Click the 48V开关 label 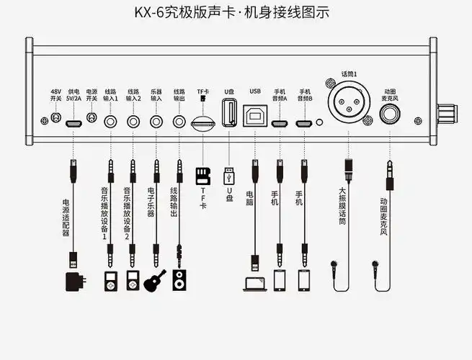pyautogui.click(x=55, y=95)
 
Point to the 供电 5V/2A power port pyautogui.click(x=74, y=123)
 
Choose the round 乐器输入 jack pyautogui.click(x=156, y=121)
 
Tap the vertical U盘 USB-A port pyautogui.click(x=229, y=113)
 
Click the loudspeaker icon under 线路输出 pyautogui.click(x=179, y=280)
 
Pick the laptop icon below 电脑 pyautogui.click(x=254, y=283)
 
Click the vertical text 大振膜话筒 pyautogui.click(x=343, y=207)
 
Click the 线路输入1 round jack pyautogui.click(x=110, y=121)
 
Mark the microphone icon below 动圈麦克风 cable pyautogui.click(x=375, y=265)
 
